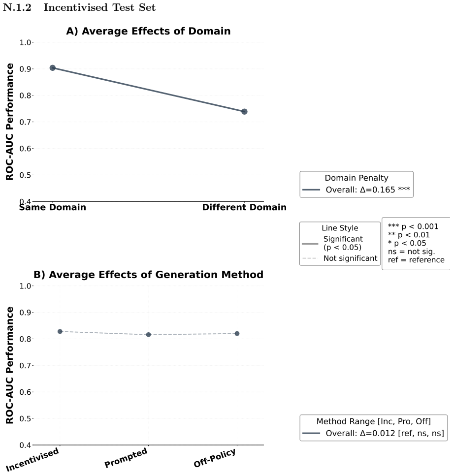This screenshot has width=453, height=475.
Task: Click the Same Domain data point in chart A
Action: (52, 68)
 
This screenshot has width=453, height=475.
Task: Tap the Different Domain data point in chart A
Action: (244, 112)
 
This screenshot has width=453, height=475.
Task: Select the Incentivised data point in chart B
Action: (60, 331)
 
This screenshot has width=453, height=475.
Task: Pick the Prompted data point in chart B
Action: (149, 335)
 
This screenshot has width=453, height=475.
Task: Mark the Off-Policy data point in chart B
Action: (237, 334)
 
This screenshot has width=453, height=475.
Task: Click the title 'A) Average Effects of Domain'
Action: (149, 31)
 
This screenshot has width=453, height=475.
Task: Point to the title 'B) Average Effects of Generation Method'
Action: (149, 275)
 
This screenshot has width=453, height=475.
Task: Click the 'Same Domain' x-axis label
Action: (52, 207)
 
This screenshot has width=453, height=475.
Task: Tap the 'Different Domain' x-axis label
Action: (244, 207)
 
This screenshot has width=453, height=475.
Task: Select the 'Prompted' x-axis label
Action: (126, 457)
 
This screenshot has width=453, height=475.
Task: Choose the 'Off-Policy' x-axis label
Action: (215, 457)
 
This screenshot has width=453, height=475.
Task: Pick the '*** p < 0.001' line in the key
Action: (413, 226)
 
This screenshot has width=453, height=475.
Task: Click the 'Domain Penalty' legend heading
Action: (356, 178)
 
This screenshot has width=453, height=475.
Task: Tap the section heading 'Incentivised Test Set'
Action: (99, 7)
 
